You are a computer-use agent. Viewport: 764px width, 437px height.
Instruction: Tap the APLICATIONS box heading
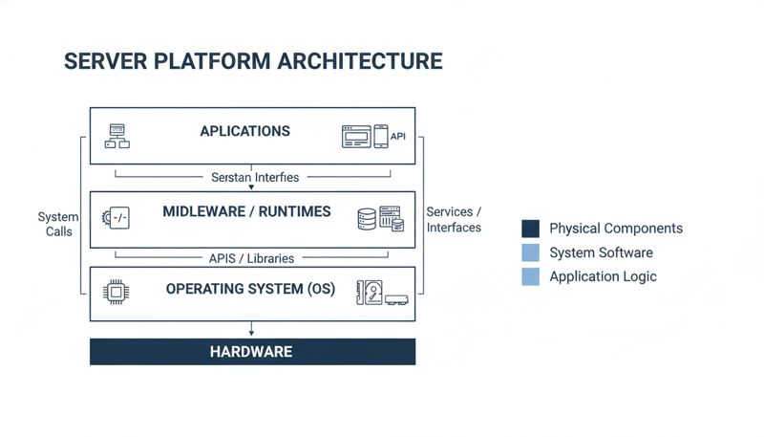(244, 131)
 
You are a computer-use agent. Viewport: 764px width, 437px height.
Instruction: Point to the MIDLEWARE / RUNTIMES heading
(246, 211)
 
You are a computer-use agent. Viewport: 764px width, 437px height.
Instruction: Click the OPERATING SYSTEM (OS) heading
(250, 288)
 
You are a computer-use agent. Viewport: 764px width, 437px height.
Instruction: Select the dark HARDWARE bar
(252, 351)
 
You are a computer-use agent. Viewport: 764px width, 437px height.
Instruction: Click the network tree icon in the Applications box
(117, 136)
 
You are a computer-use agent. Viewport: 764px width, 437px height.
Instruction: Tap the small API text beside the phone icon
(398, 137)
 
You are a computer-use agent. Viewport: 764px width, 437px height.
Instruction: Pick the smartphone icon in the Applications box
(380, 136)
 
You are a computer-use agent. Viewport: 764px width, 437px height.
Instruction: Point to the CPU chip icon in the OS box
(117, 293)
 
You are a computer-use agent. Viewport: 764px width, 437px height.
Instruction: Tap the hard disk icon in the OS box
(370, 292)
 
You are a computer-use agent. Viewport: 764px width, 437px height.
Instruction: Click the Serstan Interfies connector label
(252, 177)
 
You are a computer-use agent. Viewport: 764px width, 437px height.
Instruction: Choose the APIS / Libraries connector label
(252, 258)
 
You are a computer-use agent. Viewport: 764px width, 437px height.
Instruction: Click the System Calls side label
(58, 224)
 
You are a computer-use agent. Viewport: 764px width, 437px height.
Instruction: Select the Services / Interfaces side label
(454, 219)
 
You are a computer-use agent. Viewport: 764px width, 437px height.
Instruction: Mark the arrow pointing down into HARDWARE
(252, 330)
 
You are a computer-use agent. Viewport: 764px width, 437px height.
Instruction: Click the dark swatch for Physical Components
(531, 229)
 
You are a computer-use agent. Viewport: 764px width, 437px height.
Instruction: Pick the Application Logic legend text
(603, 276)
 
